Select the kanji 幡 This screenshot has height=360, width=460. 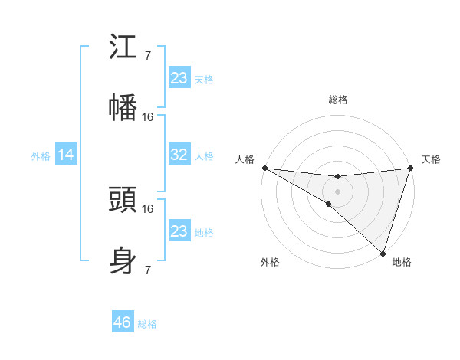123,107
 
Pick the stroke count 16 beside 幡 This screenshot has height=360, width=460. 148,116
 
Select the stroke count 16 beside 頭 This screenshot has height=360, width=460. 148,208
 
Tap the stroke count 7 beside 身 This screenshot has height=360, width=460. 148,269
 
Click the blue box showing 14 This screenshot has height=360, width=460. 66,155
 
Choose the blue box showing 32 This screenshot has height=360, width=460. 179,155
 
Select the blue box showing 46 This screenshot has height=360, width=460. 123,322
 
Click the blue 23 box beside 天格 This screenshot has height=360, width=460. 179,78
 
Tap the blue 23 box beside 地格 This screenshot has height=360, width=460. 179,231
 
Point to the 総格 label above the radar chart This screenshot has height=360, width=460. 338,100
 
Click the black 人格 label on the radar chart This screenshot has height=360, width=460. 245,159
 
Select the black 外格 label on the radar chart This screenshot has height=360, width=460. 270,262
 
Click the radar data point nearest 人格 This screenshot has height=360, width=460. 264,168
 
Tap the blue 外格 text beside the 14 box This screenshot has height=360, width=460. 41,156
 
